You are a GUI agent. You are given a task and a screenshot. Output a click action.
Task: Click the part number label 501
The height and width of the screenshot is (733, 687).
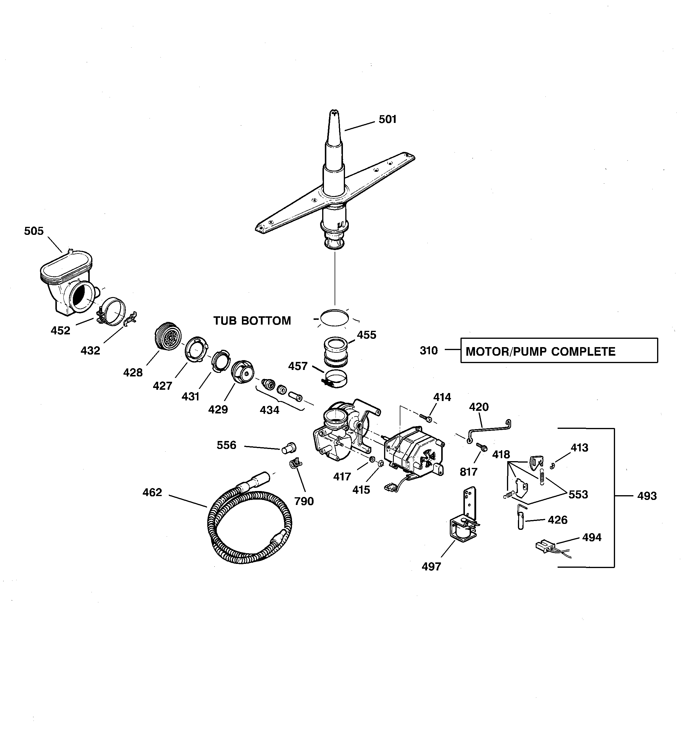(387, 119)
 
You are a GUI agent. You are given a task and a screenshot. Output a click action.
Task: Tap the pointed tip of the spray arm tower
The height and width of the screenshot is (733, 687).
(334, 113)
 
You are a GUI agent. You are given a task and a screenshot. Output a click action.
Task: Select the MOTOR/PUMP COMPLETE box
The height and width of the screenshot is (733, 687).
(559, 351)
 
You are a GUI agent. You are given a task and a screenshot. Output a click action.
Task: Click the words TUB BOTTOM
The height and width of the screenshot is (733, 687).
(252, 321)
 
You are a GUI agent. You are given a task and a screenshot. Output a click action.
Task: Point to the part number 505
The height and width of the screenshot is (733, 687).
(34, 231)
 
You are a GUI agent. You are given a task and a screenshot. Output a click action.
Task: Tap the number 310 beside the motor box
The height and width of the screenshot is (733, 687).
(428, 351)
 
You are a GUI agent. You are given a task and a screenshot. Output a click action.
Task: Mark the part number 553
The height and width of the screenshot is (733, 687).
(578, 495)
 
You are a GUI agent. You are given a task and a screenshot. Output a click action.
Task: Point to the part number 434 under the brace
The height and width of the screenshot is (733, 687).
(269, 410)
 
